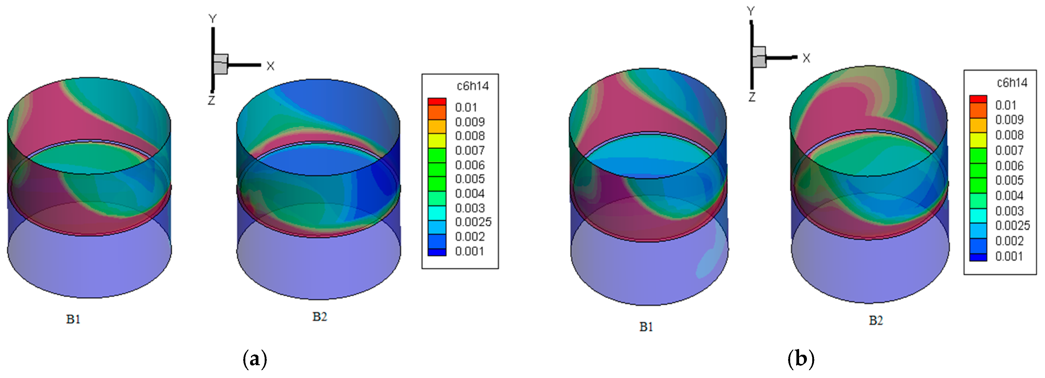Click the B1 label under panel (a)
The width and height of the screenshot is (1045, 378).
tap(73, 319)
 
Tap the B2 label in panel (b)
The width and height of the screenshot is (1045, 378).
tap(876, 321)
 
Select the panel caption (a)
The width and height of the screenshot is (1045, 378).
tap(255, 359)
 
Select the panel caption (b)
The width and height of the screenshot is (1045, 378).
tap(801, 359)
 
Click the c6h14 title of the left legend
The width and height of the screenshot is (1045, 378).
tap(473, 86)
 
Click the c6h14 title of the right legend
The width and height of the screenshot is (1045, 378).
tap(1012, 83)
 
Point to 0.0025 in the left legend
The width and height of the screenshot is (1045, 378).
tap(473, 222)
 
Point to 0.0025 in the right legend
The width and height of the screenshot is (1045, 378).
tap(1012, 225)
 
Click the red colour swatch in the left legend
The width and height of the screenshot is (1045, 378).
tap(437, 101)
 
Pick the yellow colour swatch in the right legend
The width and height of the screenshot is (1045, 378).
tap(978, 140)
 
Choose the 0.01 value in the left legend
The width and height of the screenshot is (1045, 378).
tap(466, 107)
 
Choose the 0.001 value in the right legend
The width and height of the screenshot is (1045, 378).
tap(1009, 256)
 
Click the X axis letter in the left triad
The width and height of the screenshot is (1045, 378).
tap(271, 66)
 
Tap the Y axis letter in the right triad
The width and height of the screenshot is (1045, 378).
tap(751, 11)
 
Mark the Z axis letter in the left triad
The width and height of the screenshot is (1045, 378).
tap(211, 100)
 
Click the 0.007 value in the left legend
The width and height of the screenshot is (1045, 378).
tap(470, 150)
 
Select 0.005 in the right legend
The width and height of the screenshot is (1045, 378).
tap(1009, 180)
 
